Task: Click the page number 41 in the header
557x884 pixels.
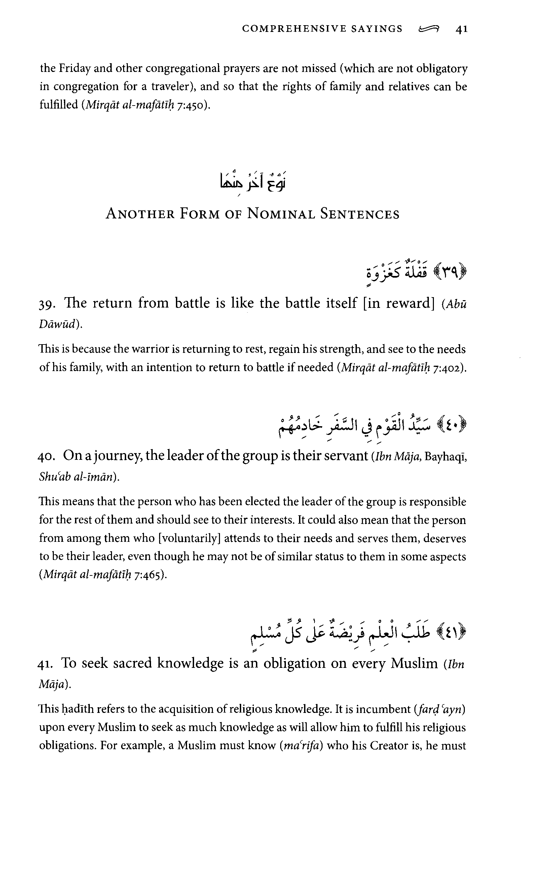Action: (x=461, y=29)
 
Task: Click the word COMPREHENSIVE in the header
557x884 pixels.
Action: (x=294, y=29)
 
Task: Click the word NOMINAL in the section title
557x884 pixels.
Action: (x=281, y=214)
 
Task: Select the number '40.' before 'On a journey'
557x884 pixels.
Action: (x=46, y=457)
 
